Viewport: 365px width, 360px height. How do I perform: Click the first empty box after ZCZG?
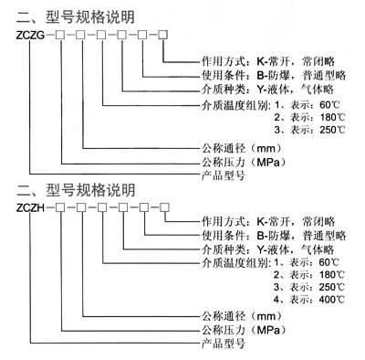[59, 36]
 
